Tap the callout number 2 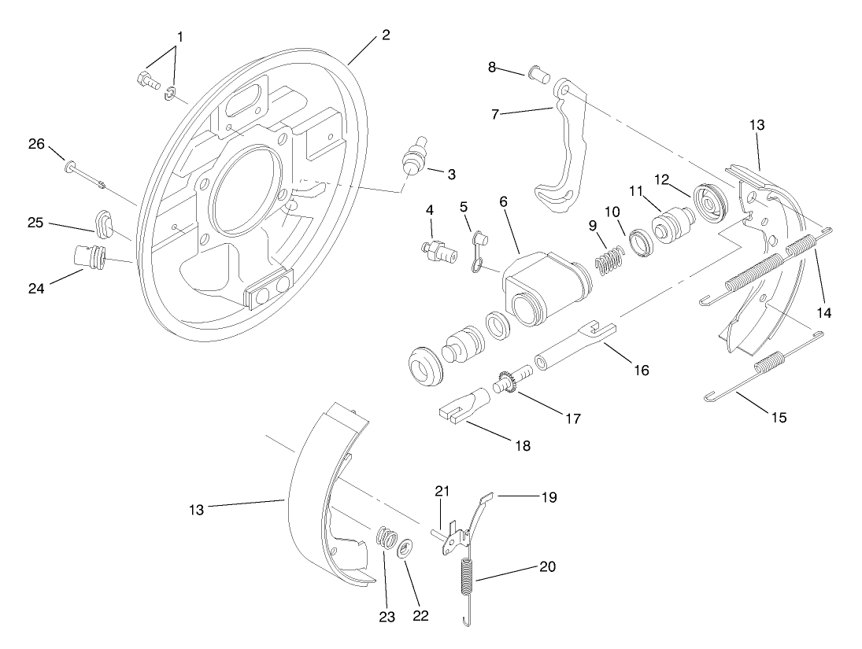click(385, 35)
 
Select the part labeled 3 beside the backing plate click(413, 159)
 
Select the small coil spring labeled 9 click(607, 262)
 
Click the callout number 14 click(823, 312)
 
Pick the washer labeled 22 click(403, 548)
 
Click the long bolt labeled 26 click(87, 176)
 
